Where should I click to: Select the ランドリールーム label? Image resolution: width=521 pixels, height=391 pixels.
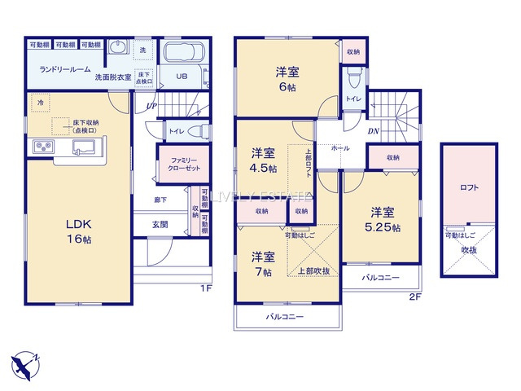(x=64, y=69)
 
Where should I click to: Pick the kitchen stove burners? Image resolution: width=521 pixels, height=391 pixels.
(x=42, y=147)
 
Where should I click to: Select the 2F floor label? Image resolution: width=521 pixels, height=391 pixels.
(x=414, y=298)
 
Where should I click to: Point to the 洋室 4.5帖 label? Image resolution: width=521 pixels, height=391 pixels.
(x=263, y=160)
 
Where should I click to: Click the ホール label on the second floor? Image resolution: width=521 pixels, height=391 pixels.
(x=341, y=149)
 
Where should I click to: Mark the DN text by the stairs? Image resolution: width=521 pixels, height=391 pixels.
(x=374, y=130)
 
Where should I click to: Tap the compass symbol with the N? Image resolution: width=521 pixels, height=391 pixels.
(x=28, y=363)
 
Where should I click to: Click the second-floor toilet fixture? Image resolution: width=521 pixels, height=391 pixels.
(x=353, y=80)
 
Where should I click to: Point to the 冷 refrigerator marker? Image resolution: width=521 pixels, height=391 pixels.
(x=41, y=103)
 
